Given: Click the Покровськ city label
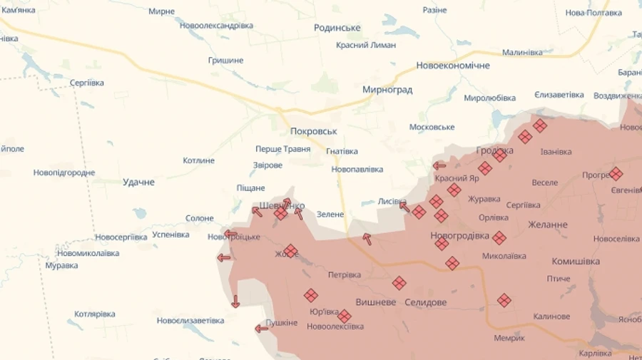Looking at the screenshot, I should coord(313,131).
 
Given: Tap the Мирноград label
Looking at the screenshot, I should coord(387,90).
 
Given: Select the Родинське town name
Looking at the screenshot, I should coord(337,28).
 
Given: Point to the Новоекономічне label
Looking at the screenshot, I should coord(453,66).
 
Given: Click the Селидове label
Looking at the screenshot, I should coord(425,302).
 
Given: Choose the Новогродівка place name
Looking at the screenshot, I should coord(460,235).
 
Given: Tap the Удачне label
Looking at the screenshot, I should coord(138,182).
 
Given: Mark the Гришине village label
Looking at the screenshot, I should coord(225,61).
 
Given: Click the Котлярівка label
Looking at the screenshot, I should coord(95,314).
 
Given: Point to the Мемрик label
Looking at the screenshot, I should coord(509,338).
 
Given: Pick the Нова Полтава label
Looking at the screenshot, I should coord(593,13).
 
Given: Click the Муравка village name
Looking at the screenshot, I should coord(61,265).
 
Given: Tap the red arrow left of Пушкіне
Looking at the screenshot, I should coord(262,329).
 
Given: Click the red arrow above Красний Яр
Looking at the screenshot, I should coord(439,166).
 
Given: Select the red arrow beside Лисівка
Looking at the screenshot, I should coord(404,207).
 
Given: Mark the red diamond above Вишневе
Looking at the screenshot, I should coord(399,283).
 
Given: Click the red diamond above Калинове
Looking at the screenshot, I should coord(504,300).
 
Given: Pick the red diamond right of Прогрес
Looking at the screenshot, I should coord(616,173).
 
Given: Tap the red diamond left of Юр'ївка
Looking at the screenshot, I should coord(310,295).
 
